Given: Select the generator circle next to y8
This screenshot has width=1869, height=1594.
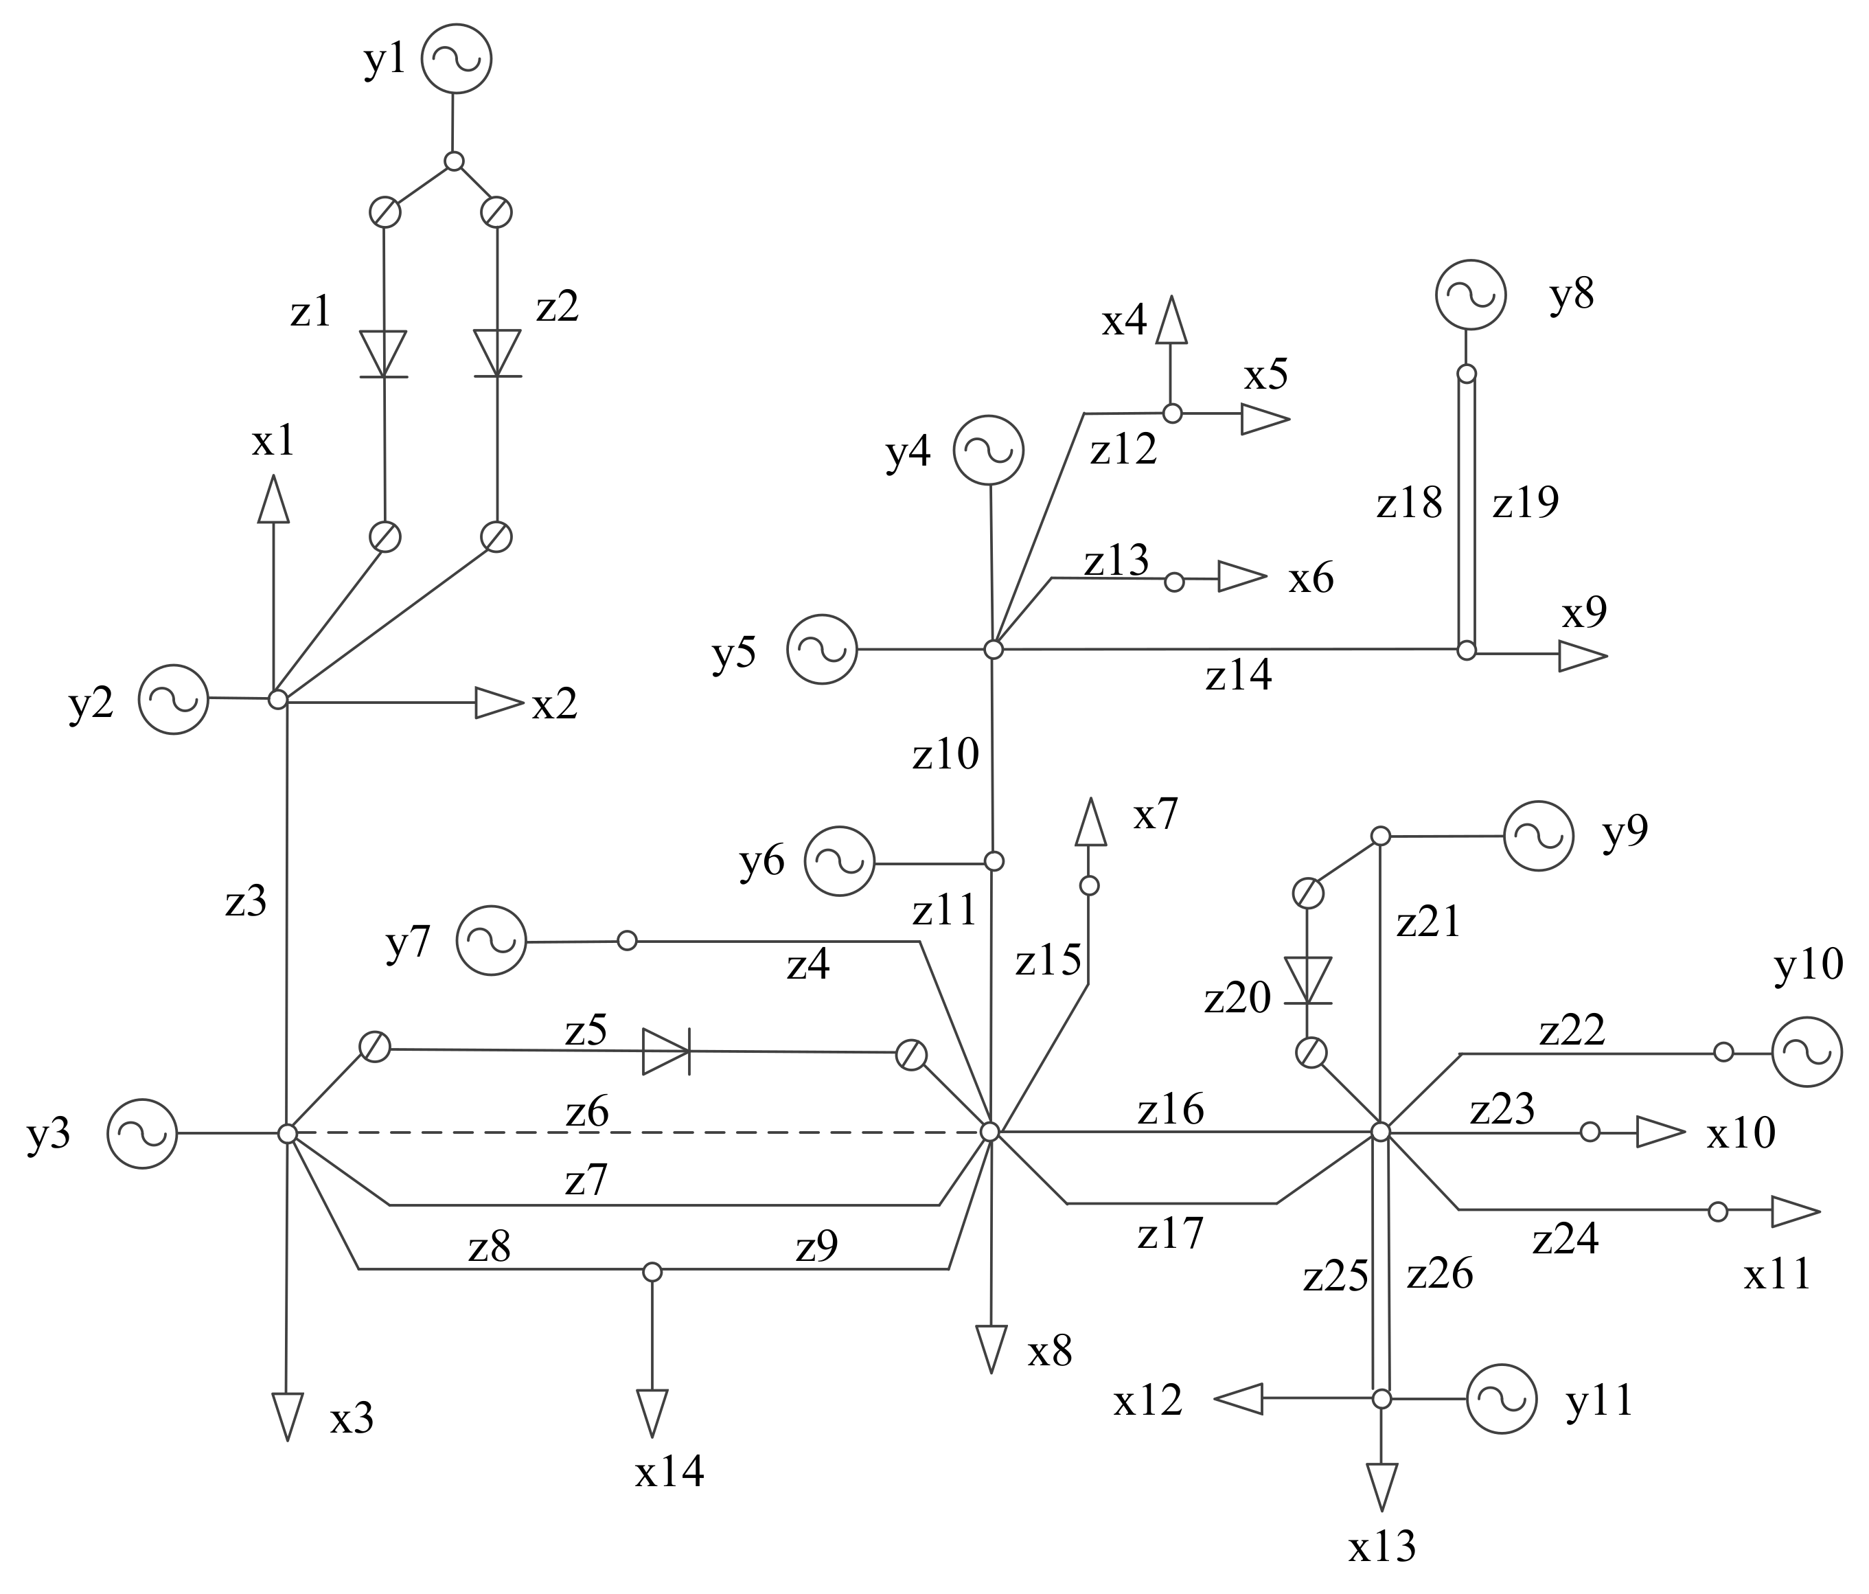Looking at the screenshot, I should pyautogui.click(x=1470, y=295).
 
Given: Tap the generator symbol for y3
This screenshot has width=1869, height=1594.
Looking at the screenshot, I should pyautogui.click(x=143, y=1133).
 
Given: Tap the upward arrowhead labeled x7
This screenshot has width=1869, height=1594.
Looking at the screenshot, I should pyautogui.click(x=1090, y=822).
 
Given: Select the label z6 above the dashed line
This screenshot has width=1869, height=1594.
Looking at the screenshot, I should pyautogui.click(x=587, y=1113).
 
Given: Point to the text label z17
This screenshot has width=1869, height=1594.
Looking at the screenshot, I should pyautogui.click(x=1170, y=1234).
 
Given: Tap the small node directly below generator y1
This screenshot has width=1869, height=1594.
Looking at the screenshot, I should pyautogui.click(x=455, y=161).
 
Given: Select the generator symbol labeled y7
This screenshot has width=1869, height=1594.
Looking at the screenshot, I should pyautogui.click(x=491, y=941).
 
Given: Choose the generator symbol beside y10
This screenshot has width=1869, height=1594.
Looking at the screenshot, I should pyautogui.click(x=1806, y=1052).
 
